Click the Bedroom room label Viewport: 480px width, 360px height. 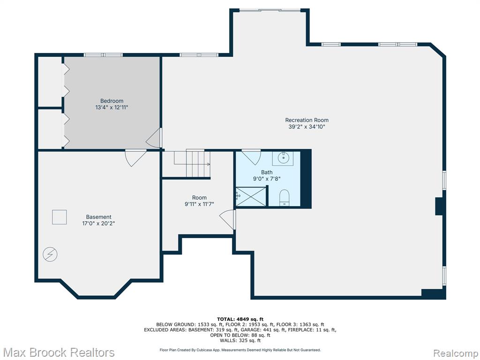click(x=112, y=101)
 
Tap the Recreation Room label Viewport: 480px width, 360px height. click(x=307, y=120)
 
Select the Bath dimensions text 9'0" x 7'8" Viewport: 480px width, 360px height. click(x=267, y=179)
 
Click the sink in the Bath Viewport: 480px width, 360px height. click(x=283, y=158)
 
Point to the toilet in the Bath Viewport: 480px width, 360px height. click(x=285, y=197)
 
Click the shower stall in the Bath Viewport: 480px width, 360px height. click(x=251, y=196)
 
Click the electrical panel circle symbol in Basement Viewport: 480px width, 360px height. click(x=50, y=254)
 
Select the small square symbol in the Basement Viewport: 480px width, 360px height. click(x=60, y=217)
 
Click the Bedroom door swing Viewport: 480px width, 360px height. click(x=154, y=138)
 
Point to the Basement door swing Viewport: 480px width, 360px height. click(x=135, y=158)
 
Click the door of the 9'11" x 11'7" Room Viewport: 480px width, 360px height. click(x=228, y=219)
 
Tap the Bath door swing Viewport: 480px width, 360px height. click(x=251, y=157)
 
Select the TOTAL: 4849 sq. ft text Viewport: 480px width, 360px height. click(x=240, y=319)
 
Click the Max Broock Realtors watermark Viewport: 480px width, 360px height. click(x=58, y=352)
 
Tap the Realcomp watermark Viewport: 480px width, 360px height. click(x=456, y=353)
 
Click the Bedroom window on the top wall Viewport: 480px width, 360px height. click(x=103, y=55)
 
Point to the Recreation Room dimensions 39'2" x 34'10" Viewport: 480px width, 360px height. click(x=307, y=127)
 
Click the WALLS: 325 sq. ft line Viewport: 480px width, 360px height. click(x=240, y=340)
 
